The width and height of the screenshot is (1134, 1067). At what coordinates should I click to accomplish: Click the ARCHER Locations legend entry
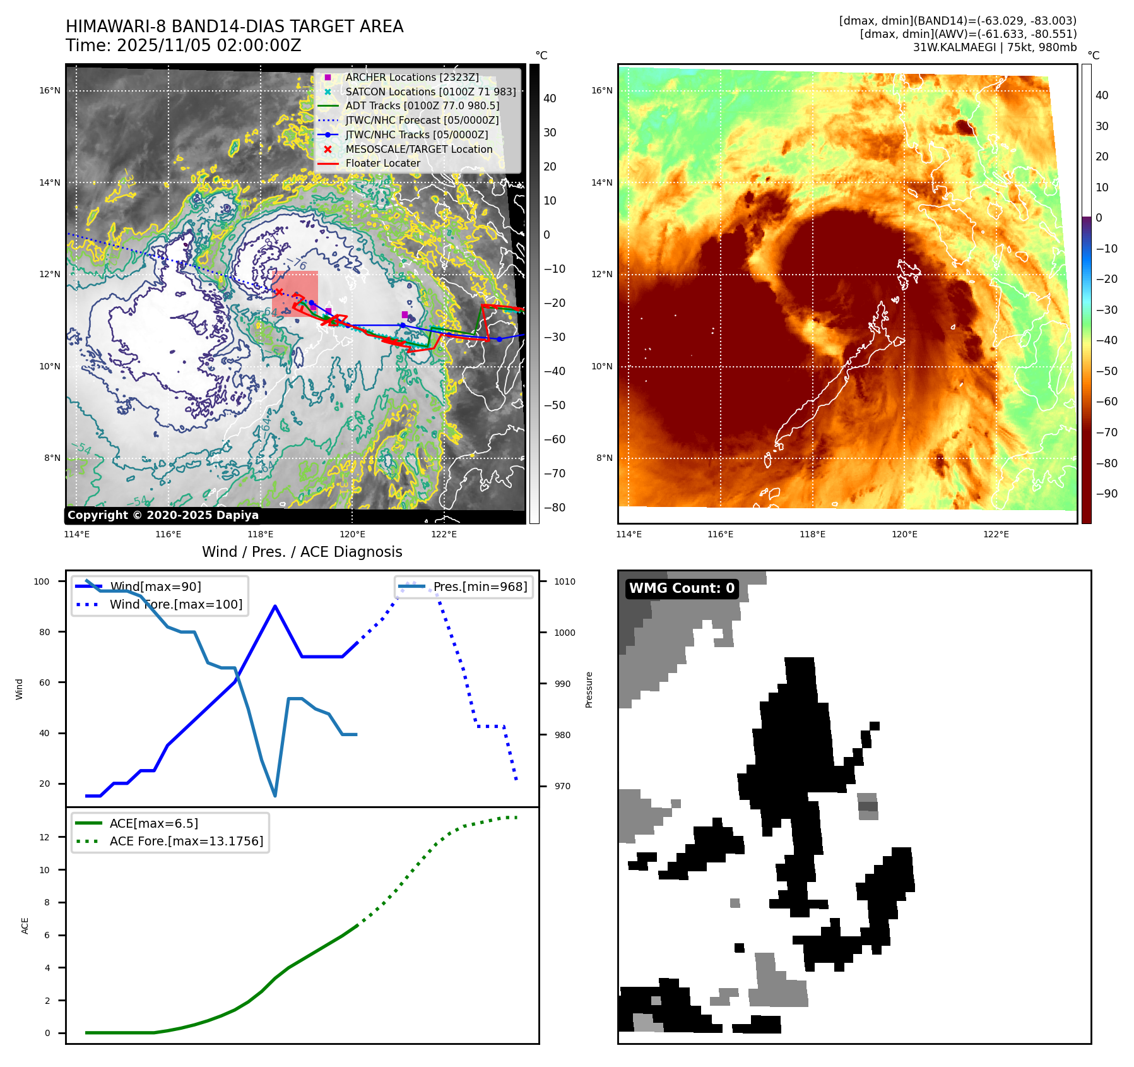coord(411,77)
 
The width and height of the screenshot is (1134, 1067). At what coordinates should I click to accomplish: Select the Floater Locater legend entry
coord(382,163)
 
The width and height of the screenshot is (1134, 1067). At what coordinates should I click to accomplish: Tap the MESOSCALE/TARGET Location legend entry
coord(418,149)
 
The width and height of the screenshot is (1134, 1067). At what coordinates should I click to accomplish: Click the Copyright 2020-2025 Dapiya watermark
coord(163,515)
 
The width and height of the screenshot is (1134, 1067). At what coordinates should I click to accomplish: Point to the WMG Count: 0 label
coord(682,588)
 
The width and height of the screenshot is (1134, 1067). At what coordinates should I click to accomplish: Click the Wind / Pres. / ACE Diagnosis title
coord(302,552)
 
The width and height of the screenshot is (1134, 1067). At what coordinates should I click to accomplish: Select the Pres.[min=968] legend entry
coord(480,587)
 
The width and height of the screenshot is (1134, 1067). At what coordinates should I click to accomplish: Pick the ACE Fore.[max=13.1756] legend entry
coord(186,841)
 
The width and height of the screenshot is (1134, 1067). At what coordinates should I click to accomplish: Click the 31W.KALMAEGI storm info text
coord(995,47)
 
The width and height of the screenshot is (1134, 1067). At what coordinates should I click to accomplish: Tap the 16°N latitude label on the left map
coord(50,90)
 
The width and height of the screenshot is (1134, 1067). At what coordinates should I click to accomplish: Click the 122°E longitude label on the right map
coord(996,534)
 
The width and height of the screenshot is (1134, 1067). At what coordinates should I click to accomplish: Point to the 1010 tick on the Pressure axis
coord(565,581)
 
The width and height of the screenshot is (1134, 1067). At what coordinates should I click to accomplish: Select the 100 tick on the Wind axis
coord(42,581)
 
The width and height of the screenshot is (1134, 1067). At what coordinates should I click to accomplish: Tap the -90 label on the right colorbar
coord(1106,494)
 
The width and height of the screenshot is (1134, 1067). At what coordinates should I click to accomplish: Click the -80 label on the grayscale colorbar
coord(555,508)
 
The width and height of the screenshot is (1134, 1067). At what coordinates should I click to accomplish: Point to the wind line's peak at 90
coord(275,606)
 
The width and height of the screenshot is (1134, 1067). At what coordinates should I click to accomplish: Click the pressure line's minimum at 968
coord(275,796)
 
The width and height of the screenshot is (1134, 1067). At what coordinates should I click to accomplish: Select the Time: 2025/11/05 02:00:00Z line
coord(183,45)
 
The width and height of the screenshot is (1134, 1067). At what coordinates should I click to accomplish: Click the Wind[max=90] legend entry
coord(155,587)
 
